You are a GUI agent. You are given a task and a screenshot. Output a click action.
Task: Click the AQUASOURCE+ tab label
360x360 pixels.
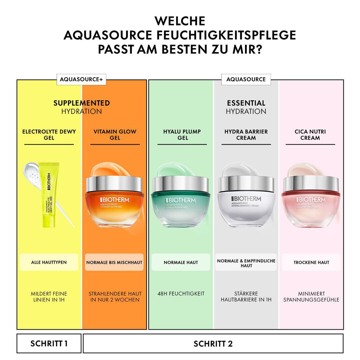(x=81, y=80)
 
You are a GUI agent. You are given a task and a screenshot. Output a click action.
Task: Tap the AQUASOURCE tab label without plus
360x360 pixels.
(x=246, y=79)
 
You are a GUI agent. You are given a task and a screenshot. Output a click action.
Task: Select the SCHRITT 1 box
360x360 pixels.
(x=49, y=343)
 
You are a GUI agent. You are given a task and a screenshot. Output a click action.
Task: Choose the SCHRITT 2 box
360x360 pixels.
(x=213, y=343)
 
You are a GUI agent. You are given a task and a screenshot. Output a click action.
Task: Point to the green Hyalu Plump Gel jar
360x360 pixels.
(x=181, y=203)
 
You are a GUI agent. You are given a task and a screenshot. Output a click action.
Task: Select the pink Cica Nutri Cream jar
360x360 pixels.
(x=311, y=203)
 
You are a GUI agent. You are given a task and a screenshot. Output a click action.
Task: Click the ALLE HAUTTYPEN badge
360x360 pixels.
(x=49, y=262)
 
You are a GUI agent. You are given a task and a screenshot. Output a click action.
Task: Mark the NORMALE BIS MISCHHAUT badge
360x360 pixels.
(x=114, y=262)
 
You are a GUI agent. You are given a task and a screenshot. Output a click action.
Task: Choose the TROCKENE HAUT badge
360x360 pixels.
(x=311, y=262)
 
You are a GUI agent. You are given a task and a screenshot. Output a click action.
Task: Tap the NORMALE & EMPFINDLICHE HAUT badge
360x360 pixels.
(x=246, y=263)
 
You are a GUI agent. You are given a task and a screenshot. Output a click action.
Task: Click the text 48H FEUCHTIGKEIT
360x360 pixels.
(x=181, y=294)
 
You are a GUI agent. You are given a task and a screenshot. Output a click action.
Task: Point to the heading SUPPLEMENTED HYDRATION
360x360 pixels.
(x=82, y=107)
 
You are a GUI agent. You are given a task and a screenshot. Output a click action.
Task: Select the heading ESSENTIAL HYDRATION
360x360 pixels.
(x=246, y=107)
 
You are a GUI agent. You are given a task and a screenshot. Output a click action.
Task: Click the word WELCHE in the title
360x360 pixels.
(x=180, y=21)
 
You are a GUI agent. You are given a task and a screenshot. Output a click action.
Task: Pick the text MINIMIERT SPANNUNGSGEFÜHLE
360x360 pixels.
(x=311, y=297)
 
